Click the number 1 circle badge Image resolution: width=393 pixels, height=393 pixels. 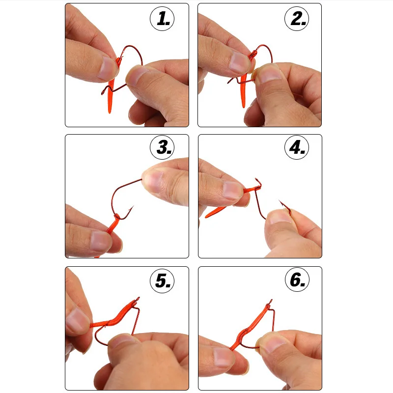(163, 18)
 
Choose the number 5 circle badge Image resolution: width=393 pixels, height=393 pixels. (163, 280)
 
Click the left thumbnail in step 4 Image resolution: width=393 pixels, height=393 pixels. (231, 189)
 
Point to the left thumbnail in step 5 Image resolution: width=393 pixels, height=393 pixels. (77, 322)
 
